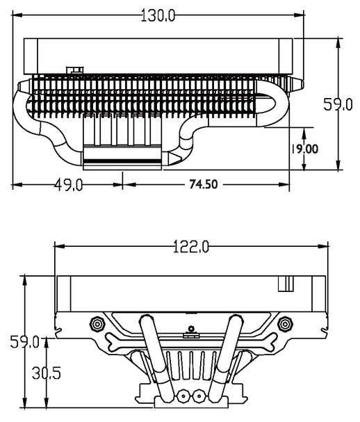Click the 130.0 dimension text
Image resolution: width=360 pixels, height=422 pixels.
158,15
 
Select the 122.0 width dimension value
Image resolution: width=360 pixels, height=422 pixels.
190,247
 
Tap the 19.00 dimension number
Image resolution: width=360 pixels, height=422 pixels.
304,149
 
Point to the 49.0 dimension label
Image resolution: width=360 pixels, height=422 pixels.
69,185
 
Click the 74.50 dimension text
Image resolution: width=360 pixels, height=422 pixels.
204,184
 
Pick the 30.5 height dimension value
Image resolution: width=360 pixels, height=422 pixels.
47,373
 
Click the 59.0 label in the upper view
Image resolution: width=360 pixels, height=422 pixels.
338,104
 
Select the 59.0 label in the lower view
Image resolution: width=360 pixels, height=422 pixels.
24,342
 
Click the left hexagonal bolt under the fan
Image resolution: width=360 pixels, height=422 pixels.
97,324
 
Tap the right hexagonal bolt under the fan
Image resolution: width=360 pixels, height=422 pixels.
285,324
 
